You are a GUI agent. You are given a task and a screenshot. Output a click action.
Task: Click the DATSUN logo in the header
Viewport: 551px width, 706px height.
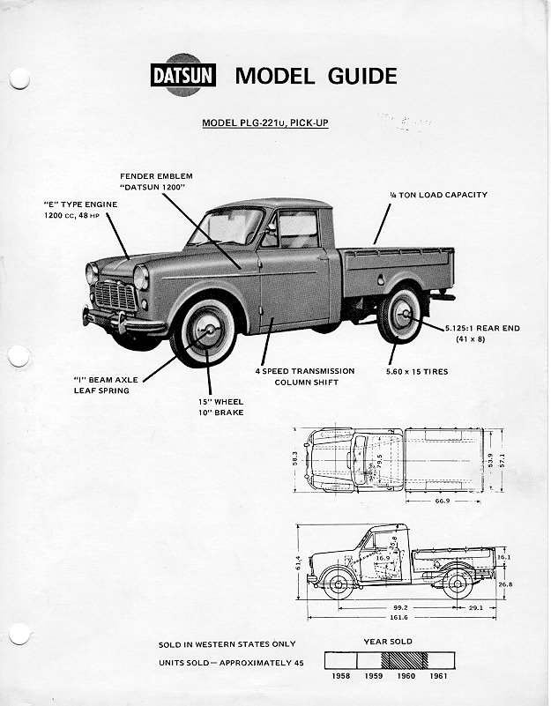[x=184, y=76]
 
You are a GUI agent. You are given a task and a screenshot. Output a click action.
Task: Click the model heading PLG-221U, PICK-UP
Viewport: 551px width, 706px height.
[x=265, y=123]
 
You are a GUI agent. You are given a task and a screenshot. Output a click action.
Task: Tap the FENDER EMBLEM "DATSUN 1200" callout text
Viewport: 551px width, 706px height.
[x=156, y=182]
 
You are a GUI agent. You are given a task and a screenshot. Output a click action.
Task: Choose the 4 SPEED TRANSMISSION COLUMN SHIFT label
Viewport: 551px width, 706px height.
[x=305, y=376]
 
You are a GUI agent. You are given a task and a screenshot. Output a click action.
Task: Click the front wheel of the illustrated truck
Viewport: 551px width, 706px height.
[x=205, y=333]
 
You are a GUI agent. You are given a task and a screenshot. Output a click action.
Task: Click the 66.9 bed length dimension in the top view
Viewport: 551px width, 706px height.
[x=443, y=500]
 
